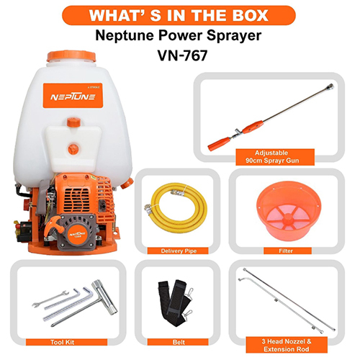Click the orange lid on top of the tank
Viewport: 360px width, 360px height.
(71, 56)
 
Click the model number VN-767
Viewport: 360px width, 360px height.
(182, 55)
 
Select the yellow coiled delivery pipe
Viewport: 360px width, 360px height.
(176, 207)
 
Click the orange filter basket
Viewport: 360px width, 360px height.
(289, 211)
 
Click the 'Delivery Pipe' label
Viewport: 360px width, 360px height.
(179, 251)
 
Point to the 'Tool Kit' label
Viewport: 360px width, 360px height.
(62, 342)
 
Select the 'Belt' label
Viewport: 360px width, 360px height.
(179, 342)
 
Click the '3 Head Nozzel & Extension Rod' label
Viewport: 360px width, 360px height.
(287, 345)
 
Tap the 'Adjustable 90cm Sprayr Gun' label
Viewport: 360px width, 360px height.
(272, 157)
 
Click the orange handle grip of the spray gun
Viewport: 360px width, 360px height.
(220, 143)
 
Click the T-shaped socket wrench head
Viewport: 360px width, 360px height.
(104, 297)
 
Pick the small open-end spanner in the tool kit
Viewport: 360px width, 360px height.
(50, 299)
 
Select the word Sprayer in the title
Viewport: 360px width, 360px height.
(234, 36)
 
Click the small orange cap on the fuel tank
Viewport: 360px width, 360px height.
(73, 122)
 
